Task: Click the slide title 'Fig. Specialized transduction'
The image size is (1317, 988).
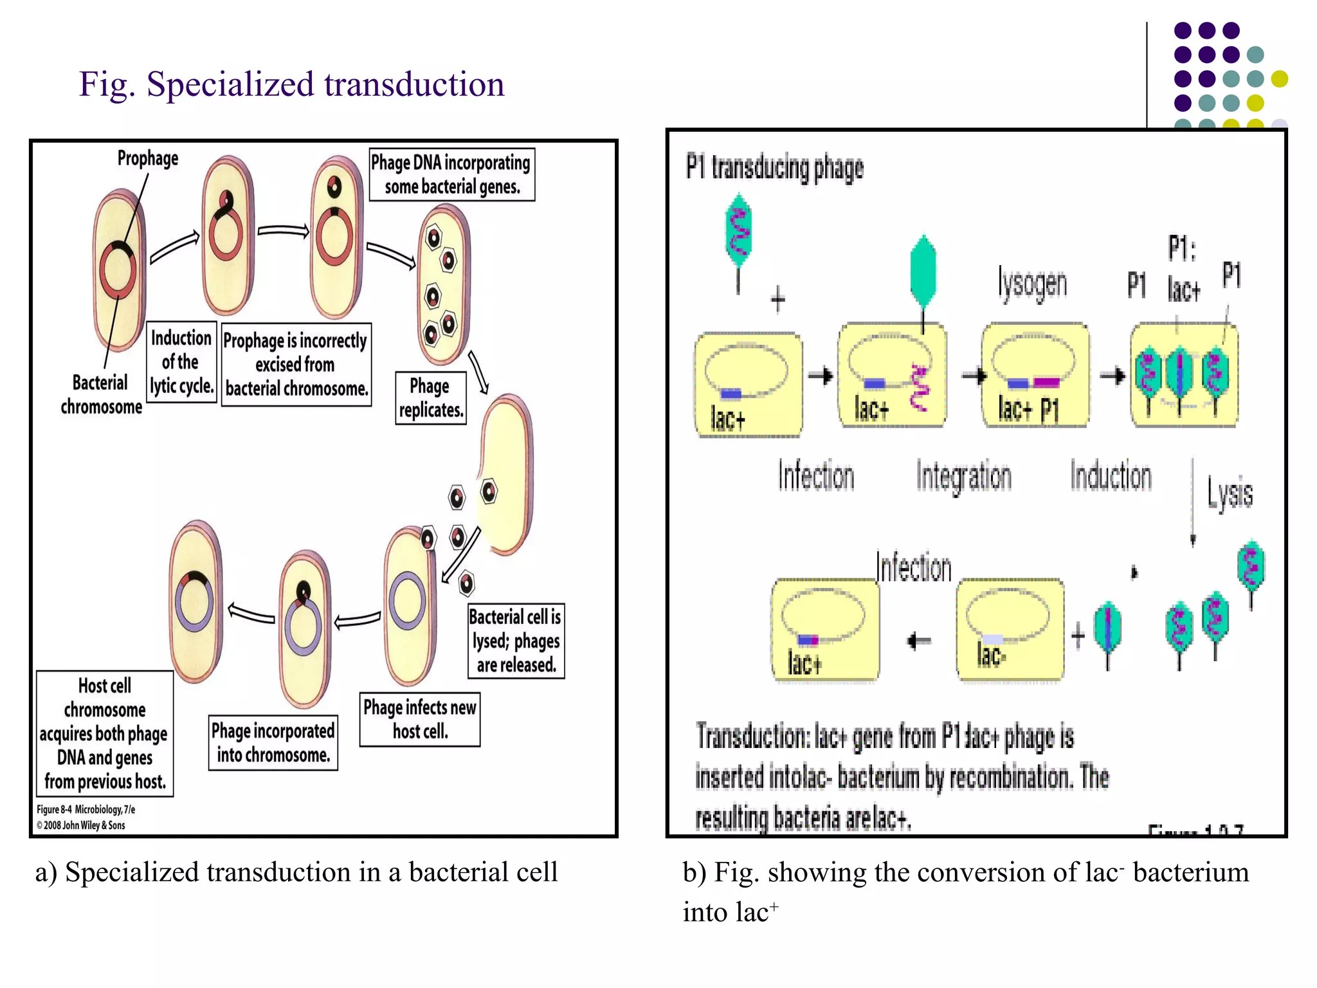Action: tap(291, 84)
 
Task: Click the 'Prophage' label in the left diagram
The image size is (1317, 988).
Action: tap(147, 158)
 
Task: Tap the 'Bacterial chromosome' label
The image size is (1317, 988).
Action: tap(101, 394)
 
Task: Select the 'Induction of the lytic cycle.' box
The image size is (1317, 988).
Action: tap(181, 361)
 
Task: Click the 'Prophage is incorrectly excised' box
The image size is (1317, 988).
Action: tap(296, 364)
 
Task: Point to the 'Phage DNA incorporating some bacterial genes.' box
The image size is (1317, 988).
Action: tap(451, 174)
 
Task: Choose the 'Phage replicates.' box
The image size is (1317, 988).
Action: tap(430, 398)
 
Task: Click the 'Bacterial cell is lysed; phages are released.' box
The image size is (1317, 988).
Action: tap(516, 641)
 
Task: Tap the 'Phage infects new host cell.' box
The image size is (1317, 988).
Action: tap(420, 719)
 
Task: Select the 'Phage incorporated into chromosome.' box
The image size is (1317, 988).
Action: tap(273, 742)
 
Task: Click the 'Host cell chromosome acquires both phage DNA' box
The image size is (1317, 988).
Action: tap(105, 733)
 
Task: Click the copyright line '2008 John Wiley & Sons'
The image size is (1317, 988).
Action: tap(81, 825)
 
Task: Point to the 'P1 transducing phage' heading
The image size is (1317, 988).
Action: tap(774, 167)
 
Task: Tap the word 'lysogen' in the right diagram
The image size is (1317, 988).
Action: tap(1033, 284)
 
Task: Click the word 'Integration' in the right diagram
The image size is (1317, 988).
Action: tap(963, 477)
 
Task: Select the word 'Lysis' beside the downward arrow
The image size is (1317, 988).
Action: tap(1230, 494)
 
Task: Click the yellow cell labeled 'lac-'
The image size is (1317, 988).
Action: tap(1010, 629)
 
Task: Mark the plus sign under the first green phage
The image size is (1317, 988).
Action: tap(778, 299)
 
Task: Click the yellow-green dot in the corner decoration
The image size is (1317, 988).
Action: tap(1279, 79)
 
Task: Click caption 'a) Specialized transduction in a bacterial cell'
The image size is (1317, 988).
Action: tap(296, 872)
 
